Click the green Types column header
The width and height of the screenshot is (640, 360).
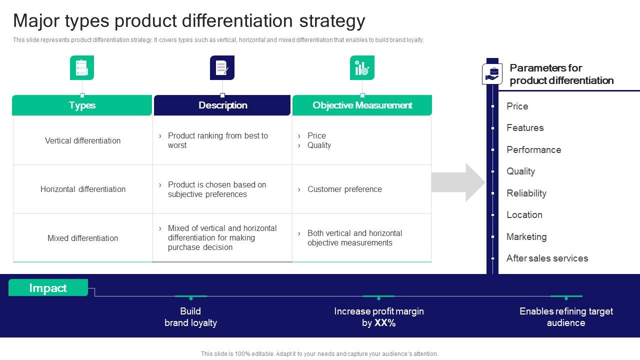click(x=82, y=105)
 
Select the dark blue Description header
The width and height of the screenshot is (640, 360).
click(x=222, y=105)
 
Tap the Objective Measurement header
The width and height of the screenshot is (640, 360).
click(x=362, y=105)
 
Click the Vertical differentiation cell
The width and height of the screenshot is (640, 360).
click(x=82, y=140)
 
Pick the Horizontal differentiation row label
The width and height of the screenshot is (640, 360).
click(x=83, y=189)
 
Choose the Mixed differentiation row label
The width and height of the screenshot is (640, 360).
click(x=82, y=238)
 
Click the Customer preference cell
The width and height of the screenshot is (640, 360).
click(x=344, y=189)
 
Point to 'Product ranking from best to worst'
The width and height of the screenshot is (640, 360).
click(x=218, y=140)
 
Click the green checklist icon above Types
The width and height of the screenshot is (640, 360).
click(x=82, y=68)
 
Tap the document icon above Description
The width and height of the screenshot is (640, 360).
click(x=222, y=68)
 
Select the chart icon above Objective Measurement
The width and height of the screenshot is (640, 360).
click(x=362, y=68)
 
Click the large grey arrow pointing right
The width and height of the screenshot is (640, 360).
click(x=458, y=182)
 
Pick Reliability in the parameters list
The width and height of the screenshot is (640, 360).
click(x=526, y=193)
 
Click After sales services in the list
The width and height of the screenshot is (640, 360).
click(x=547, y=258)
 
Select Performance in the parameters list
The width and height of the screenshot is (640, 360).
click(x=533, y=149)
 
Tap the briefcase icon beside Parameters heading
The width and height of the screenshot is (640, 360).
click(x=492, y=74)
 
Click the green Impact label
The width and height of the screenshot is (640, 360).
click(x=48, y=288)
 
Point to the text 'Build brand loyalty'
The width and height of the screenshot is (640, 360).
click(x=190, y=317)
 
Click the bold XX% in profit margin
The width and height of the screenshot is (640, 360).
click(x=385, y=323)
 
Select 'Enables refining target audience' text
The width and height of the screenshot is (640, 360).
click(x=566, y=317)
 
